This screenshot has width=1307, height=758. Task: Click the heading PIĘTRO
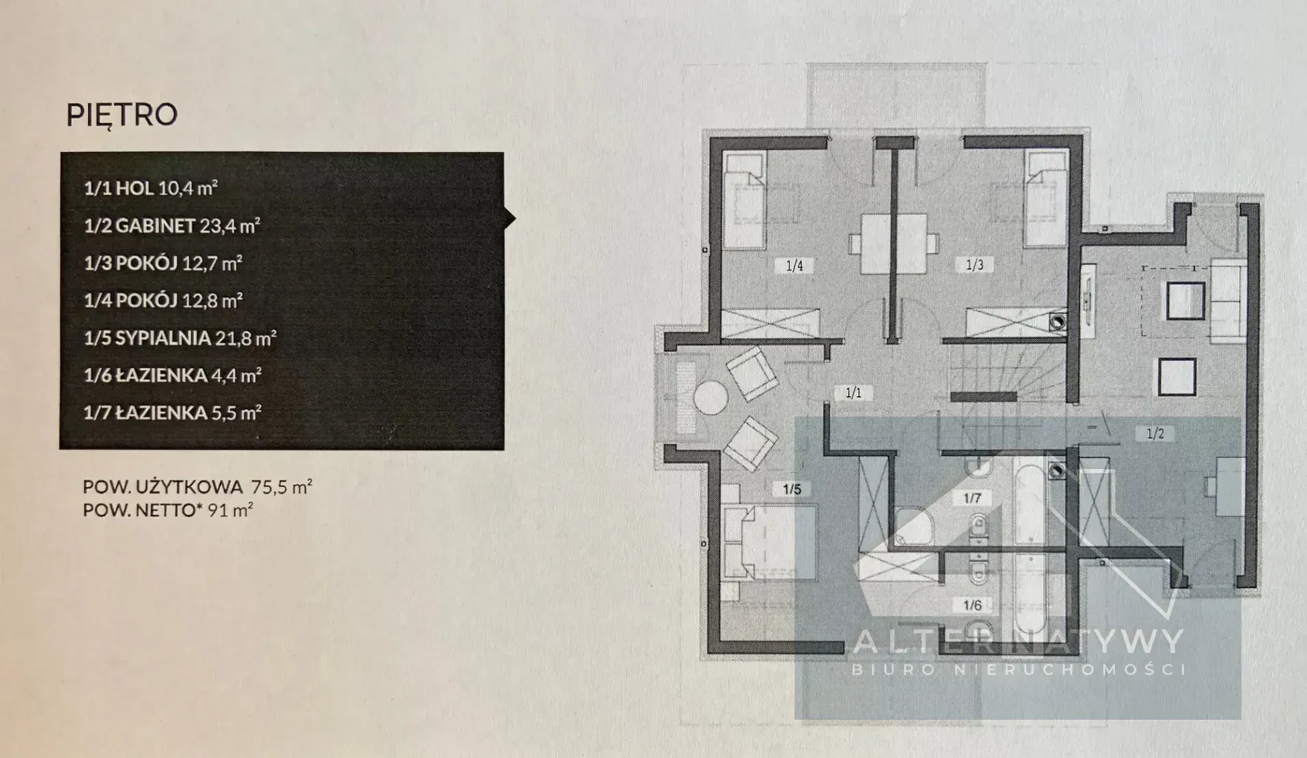(x=122, y=115)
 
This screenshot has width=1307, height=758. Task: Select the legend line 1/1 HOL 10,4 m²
(x=150, y=188)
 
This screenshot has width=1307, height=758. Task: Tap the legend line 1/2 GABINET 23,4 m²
(x=171, y=225)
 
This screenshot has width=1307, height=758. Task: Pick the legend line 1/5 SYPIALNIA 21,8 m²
(x=180, y=337)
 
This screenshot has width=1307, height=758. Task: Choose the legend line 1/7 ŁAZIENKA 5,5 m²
(x=172, y=412)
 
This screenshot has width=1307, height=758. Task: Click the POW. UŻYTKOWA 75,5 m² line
(x=197, y=487)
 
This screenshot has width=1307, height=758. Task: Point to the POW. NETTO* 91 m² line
(x=168, y=509)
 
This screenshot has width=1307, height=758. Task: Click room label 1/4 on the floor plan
(x=794, y=266)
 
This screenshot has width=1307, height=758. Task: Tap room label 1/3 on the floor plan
(x=974, y=264)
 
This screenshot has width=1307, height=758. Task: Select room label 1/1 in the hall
(x=853, y=393)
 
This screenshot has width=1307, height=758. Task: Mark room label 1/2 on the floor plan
(x=1155, y=433)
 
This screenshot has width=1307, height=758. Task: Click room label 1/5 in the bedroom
(x=792, y=489)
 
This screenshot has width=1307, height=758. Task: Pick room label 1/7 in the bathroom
(x=972, y=498)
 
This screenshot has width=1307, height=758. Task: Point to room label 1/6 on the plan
(x=972, y=605)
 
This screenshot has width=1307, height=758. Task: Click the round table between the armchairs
(x=711, y=397)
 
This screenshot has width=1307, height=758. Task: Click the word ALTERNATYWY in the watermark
(x=1019, y=641)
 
